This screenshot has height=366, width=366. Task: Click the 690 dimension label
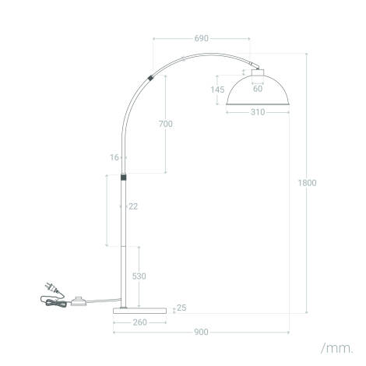coord(201,38)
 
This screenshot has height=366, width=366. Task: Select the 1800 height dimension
coord(307,183)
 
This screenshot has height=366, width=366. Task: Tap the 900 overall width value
coord(201,333)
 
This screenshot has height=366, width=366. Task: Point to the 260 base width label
coord(140,322)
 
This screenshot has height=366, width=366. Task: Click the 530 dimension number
coord(139,276)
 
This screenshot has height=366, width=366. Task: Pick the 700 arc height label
coord(165,124)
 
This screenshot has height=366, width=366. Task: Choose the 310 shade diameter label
coord(258,112)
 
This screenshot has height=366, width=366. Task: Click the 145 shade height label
coord(217,90)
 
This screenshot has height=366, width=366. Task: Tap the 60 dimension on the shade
coord(258,88)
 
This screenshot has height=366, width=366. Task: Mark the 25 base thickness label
coord(181,308)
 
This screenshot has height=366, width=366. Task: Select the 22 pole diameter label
coord(133,206)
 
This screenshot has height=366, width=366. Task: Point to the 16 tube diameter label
coord(114,157)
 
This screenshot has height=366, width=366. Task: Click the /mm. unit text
coord(336,347)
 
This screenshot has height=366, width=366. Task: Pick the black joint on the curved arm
coord(149,78)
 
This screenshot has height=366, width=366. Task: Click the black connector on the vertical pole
coord(123,178)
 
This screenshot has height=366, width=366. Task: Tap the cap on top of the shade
coord(258,71)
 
